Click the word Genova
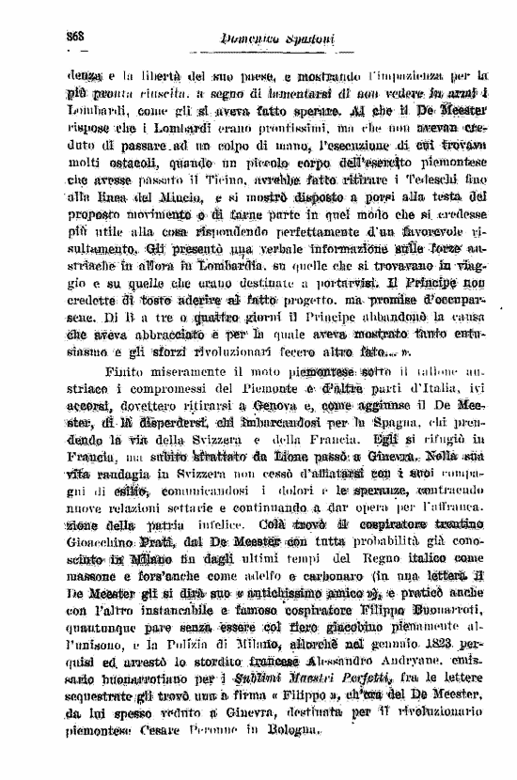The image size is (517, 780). coord(273,406)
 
